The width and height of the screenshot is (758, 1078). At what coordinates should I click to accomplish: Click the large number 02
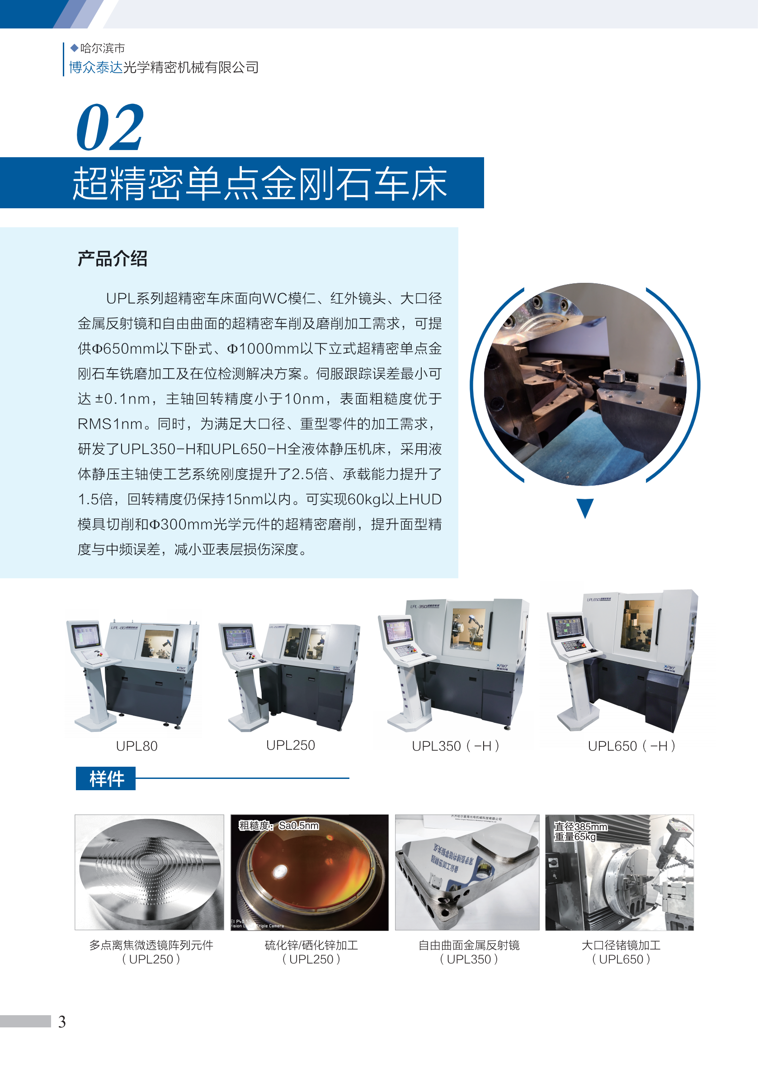click(x=109, y=127)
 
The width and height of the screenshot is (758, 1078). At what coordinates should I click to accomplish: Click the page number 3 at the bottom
click(x=61, y=1022)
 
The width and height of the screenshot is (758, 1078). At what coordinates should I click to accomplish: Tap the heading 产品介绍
click(x=112, y=259)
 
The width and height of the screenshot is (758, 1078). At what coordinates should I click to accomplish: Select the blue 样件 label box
click(x=106, y=778)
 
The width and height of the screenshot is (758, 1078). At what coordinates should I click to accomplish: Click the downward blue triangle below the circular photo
click(x=585, y=507)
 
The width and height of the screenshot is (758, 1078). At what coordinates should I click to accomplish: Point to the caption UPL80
click(x=137, y=746)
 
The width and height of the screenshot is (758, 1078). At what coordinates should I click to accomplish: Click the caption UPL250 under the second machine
click(x=290, y=745)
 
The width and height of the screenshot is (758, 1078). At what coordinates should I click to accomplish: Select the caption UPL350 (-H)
click(x=455, y=746)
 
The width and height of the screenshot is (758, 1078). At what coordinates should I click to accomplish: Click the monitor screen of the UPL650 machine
click(x=568, y=628)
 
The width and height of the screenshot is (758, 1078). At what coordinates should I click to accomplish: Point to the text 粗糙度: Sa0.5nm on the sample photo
click(x=279, y=825)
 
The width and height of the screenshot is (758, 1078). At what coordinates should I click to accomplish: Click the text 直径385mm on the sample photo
click(x=580, y=827)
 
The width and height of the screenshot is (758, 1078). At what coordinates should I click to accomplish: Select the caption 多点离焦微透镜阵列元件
click(x=151, y=945)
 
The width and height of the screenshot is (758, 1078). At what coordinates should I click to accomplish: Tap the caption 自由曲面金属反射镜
click(x=469, y=945)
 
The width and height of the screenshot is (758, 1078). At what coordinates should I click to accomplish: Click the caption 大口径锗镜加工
click(x=621, y=945)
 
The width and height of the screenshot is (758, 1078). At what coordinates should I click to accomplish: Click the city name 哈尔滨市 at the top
click(x=103, y=48)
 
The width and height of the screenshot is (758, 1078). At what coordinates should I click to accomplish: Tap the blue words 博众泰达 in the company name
click(x=96, y=68)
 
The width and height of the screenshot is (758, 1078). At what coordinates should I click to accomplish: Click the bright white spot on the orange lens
click(x=281, y=871)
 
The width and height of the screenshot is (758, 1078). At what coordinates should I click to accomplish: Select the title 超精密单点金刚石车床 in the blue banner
click(x=260, y=183)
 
